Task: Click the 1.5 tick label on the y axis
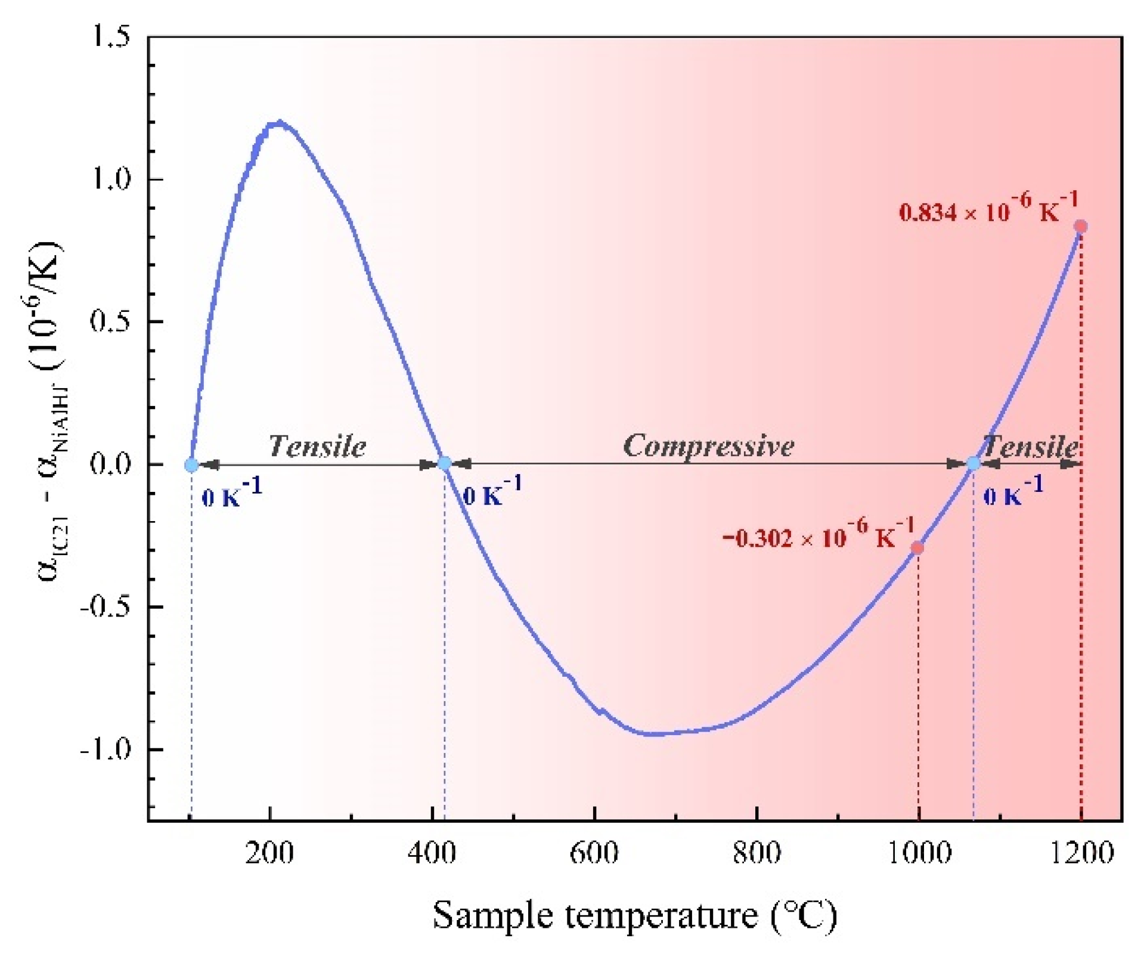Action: [110, 38]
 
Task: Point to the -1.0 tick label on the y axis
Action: [105, 749]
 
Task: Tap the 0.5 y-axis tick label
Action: [110, 321]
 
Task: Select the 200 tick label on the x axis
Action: [269, 853]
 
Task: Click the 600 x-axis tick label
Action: [594, 853]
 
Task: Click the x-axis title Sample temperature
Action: [634, 915]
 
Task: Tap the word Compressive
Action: [708, 446]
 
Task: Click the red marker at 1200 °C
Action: [1081, 226]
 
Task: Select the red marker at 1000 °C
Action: [918, 547]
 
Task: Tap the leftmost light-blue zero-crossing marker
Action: [191, 464]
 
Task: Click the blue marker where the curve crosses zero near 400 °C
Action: [444, 463]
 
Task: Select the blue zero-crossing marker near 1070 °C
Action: [973, 463]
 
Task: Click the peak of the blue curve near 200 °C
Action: [277, 123]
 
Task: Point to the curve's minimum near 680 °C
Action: [653, 734]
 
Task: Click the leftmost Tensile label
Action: [317, 446]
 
